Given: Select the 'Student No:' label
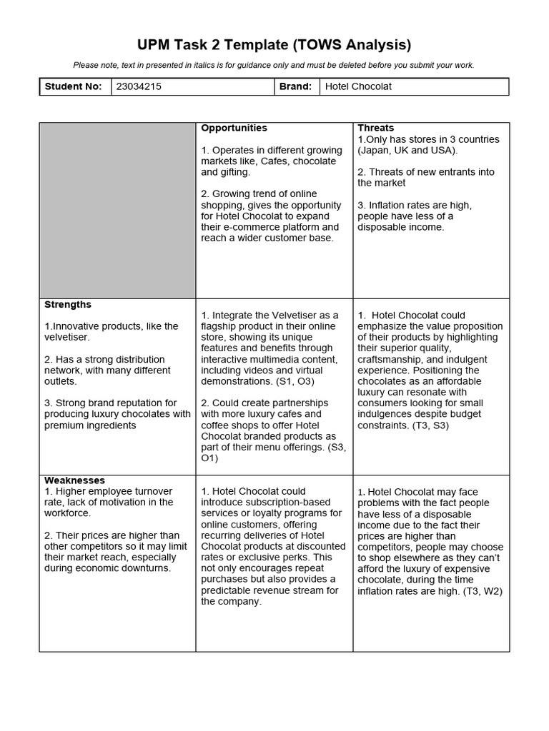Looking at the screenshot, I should point(74,86).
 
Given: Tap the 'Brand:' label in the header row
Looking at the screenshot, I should point(296,86).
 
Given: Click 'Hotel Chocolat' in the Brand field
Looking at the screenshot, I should point(358,86).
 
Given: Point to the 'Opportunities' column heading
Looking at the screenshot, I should point(234,128).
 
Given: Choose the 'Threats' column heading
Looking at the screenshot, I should point(376,128).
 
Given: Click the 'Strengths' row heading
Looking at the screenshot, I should point(68,304).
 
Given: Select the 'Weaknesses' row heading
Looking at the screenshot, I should point(74,480).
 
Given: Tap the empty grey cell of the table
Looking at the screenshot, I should point(117,210).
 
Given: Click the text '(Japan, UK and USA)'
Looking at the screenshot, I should point(407,150).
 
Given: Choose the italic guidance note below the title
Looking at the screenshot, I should point(274,65).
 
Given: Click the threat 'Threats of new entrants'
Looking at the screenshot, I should point(425,172).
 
